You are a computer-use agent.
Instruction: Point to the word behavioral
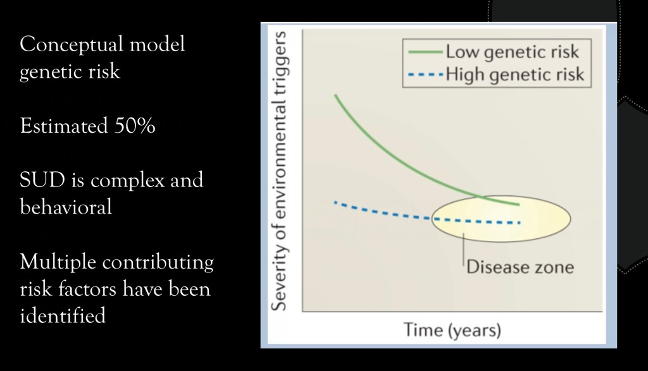pyautogui.click(x=66, y=207)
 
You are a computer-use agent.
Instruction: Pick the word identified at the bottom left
pyautogui.click(x=63, y=315)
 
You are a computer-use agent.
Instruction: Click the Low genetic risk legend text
pyautogui.click(x=512, y=52)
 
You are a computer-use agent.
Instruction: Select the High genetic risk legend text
pyautogui.click(x=514, y=75)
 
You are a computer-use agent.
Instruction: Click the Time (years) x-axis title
pyautogui.click(x=452, y=330)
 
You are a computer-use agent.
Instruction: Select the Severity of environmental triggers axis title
pyautogui.click(x=280, y=171)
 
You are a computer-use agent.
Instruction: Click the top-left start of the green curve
pyautogui.click(x=335, y=95)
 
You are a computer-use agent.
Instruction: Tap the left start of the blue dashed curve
pyautogui.click(x=335, y=203)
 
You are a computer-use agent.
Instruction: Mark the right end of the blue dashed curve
pyautogui.click(x=518, y=222)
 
